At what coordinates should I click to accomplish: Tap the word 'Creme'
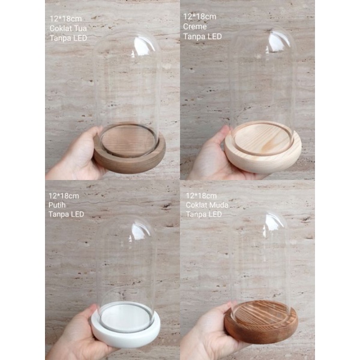click(194, 26)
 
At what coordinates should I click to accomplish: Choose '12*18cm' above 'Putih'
click(64, 196)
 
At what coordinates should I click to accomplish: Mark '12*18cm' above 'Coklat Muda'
click(201, 196)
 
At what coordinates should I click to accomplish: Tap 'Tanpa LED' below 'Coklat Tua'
click(68, 38)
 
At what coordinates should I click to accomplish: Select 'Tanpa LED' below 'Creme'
click(202, 36)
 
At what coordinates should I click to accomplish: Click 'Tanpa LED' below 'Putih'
click(66, 214)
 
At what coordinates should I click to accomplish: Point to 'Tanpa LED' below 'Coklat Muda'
click(205, 214)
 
